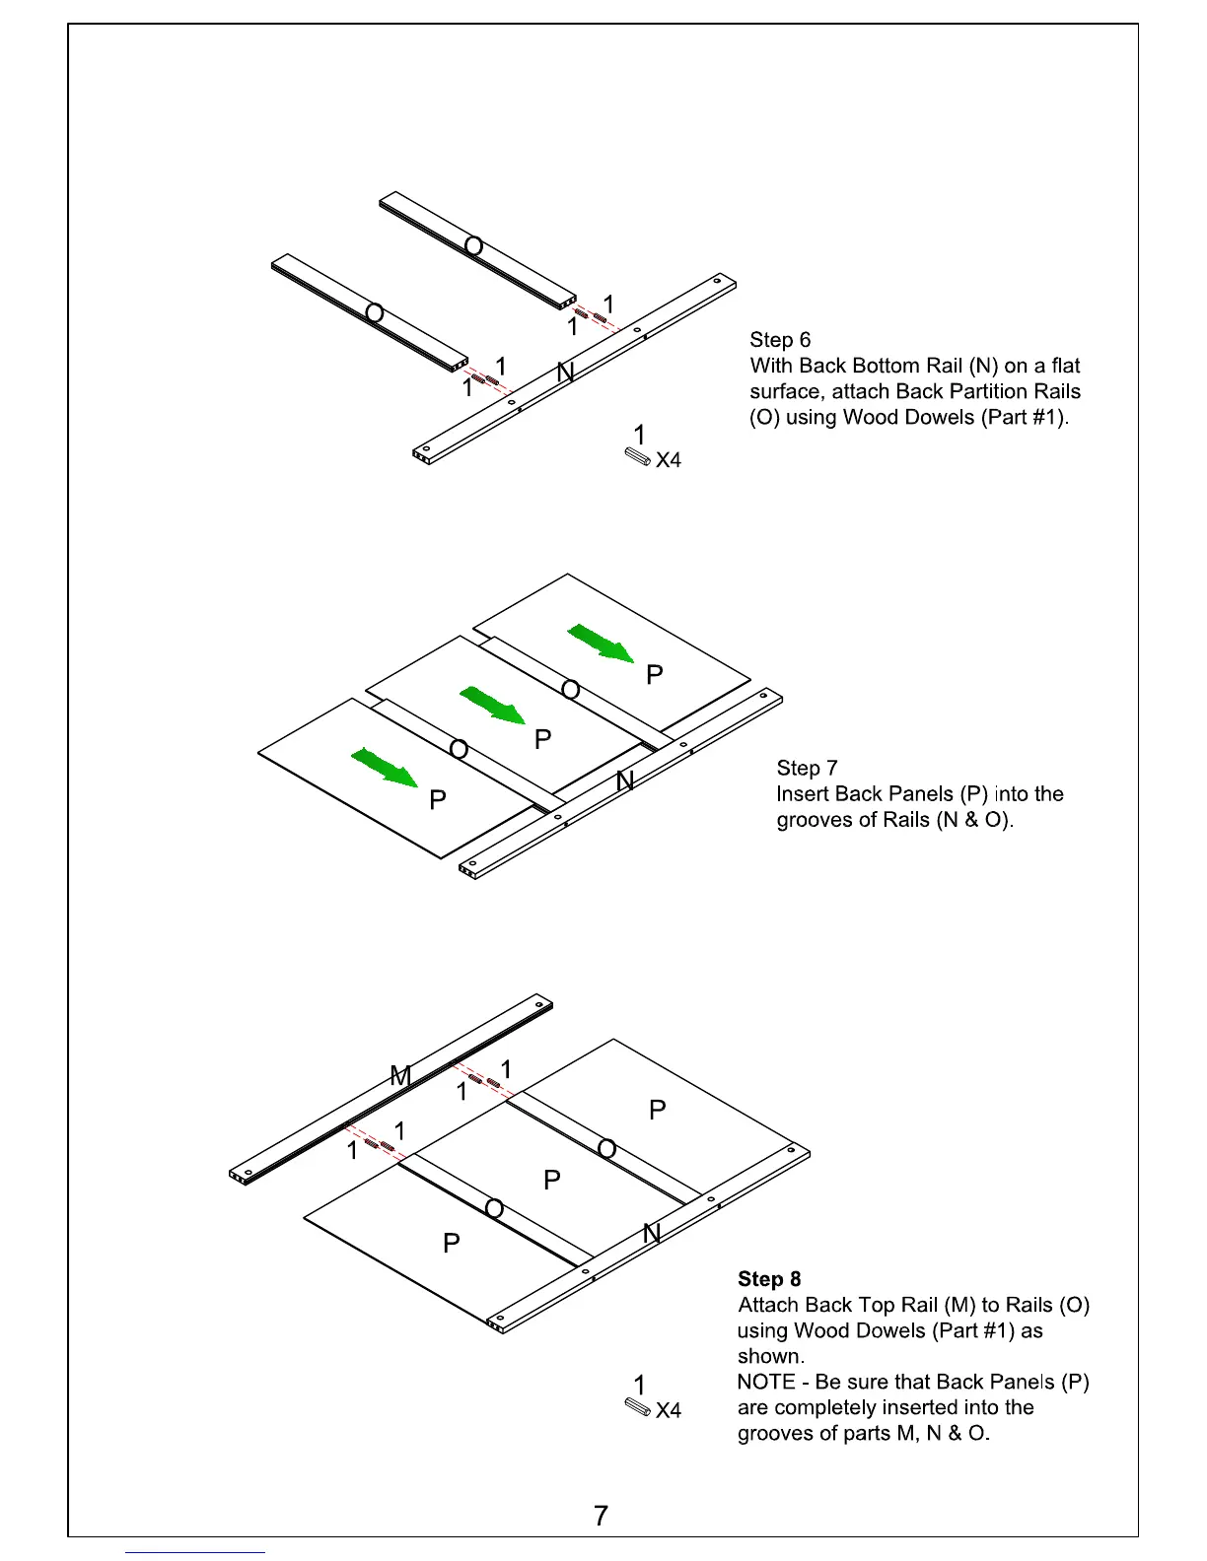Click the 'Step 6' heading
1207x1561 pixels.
point(780,340)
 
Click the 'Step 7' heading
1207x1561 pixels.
point(807,768)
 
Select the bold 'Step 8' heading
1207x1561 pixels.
point(769,1279)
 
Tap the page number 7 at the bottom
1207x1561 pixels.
point(602,1516)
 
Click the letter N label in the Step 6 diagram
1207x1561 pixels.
point(565,373)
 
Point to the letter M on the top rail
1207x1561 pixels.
point(400,1076)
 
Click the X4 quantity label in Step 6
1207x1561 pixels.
point(669,460)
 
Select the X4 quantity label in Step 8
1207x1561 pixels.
point(669,1411)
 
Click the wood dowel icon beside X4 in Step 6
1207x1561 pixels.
point(637,457)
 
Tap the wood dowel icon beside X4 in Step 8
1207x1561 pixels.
point(637,1406)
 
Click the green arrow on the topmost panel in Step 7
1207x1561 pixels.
point(601,644)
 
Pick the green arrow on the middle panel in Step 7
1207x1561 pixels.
point(492,706)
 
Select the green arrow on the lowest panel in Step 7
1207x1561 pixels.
point(385,768)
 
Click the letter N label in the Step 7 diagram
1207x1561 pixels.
point(624,781)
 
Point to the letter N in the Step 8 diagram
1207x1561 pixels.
point(651,1233)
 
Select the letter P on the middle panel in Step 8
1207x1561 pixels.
point(552,1180)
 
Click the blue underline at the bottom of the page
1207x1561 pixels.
point(194,1552)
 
